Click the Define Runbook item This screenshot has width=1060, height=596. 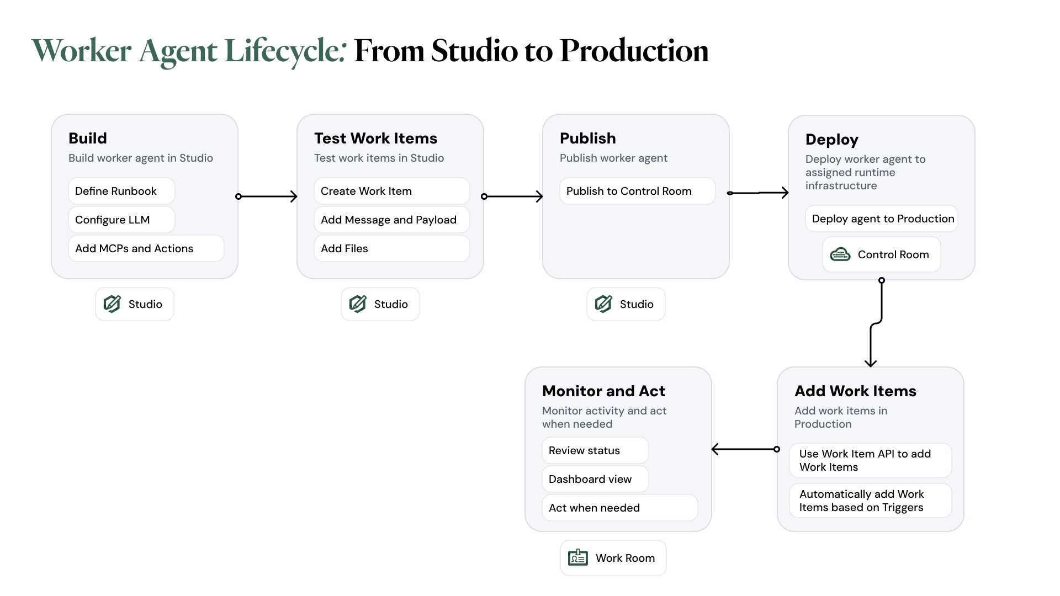[121, 191]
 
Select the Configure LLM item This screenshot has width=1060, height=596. [121, 220]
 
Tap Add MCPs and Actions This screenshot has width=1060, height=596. [146, 248]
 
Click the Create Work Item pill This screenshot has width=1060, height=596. [391, 191]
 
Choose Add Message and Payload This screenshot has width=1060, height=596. [391, 220]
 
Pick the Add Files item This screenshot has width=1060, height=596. [391, 248]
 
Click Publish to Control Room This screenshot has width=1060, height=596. [637, 191]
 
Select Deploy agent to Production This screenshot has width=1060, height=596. [882, 219]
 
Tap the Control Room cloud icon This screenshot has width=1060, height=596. [840, 254]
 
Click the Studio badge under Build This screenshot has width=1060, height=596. [135, 304]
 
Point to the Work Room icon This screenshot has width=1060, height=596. [577, 558]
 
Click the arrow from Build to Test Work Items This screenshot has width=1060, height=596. [267, 196]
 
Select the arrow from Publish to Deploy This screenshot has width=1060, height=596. [758, 193]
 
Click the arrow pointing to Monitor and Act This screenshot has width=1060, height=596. [744, 449]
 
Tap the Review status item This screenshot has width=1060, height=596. [595, 450]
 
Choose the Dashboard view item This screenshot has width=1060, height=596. [595, 479]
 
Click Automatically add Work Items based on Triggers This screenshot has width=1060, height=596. [870, 501]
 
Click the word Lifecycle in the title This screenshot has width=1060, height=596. [285, 51]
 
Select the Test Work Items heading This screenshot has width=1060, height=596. [375, 138]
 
